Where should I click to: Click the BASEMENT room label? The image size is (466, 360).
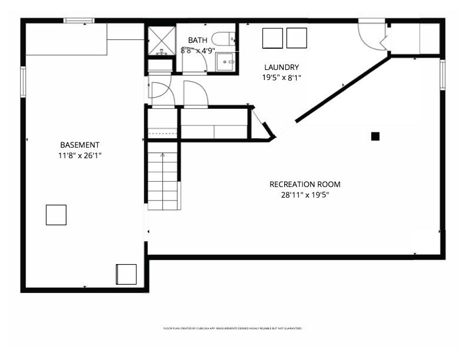pos(79,145)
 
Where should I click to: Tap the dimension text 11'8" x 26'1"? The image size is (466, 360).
pos(79,156)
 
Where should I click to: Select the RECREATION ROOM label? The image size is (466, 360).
pos(305,184)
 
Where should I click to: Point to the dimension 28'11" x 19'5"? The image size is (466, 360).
pos(305,195)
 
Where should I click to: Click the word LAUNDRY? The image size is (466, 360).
pos(281,67)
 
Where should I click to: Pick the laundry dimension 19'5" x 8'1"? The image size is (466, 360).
pos(281,77)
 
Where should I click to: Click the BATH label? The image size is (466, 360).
pos(197,40)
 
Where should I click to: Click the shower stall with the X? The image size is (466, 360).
pos(161,39)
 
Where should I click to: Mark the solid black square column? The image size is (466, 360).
pos(375,136)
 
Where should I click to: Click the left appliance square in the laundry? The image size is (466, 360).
pos(272,38)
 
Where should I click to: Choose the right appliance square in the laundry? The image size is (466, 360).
pos(297,38)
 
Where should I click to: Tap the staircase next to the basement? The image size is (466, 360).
pos(162,180)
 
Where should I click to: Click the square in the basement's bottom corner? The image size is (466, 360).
pos(126,274)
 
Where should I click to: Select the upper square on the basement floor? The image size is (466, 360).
pos(56,215)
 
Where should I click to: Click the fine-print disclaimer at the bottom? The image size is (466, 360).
pos(232,328)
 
